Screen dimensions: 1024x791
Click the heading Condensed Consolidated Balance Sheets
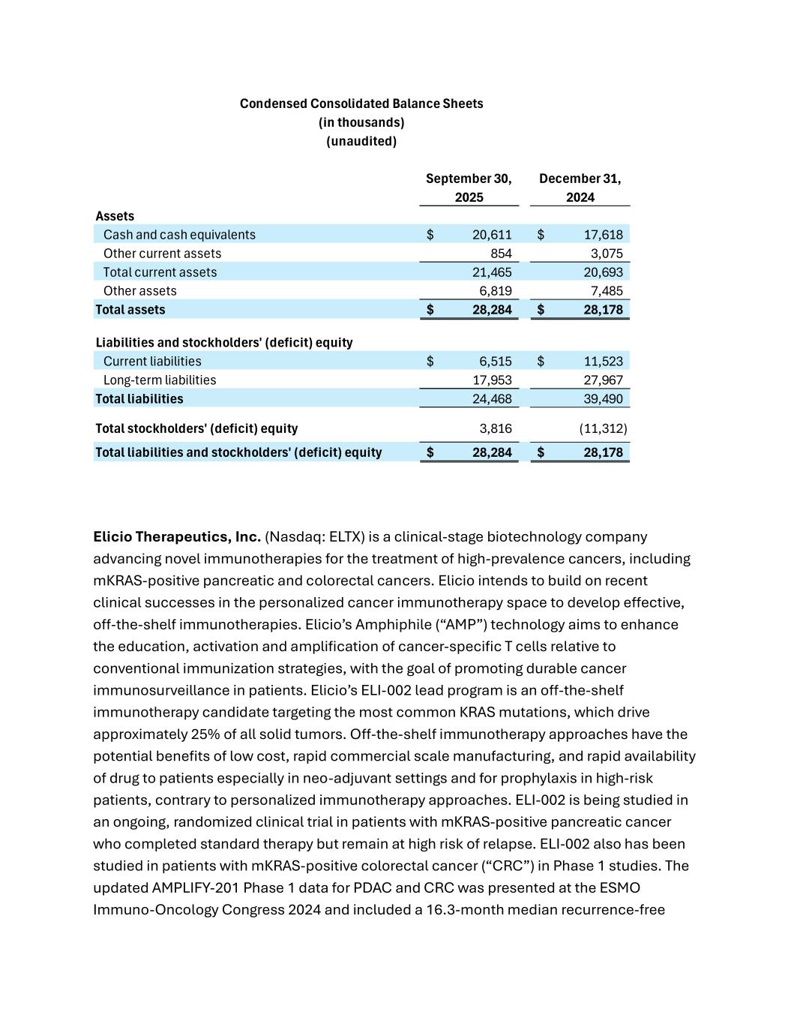click(361, 104)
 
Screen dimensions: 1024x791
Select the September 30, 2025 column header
click(469, 188)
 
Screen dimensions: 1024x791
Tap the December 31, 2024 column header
click(580, 188)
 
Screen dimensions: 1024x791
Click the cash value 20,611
click(492, 235)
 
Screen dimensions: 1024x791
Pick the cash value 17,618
click(603, 235)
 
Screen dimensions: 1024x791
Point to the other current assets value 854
click(501, 254)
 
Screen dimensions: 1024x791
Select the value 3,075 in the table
click(607, 254)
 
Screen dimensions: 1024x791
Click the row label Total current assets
click(160, 272)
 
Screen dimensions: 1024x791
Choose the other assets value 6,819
click(496, 291)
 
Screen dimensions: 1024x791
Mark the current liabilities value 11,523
click(603, 362)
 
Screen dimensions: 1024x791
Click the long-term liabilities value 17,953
click(492, 380)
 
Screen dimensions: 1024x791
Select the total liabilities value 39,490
click(603, 399)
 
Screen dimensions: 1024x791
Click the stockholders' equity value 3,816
click(496, 429)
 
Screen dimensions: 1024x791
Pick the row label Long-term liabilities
click(160, 380)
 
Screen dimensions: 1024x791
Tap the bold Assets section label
click(115, 216)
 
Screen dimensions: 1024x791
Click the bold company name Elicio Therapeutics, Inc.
click(177, 537)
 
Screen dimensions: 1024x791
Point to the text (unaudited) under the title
click(361, 141)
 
